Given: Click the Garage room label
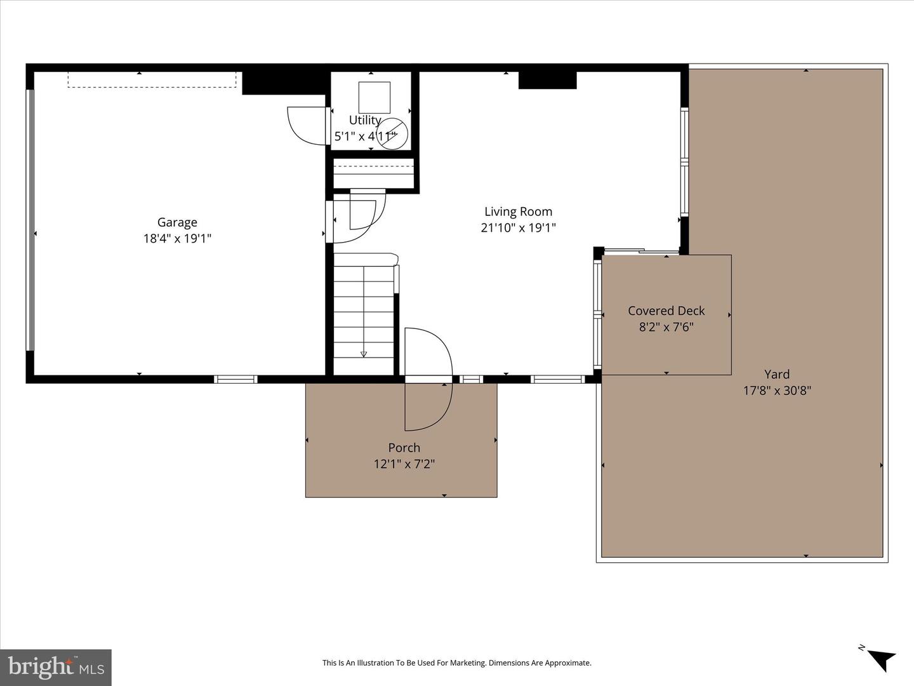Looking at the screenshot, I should click(177, 222).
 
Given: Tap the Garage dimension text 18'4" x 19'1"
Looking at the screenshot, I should click(177, 239).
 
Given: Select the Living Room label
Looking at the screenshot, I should click(518, 212).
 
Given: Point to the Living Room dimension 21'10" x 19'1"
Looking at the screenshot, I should click(518, 228).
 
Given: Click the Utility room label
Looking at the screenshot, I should click(365, 120).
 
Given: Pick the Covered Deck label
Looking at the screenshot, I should click(666, 311).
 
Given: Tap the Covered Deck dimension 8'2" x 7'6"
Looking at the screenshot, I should click(666, 327).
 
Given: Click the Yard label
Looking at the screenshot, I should click(777, 374).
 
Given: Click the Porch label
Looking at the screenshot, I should click(404, 448).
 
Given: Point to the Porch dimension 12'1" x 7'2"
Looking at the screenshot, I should click(404, 464).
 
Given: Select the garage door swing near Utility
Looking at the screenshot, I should click(307, 126).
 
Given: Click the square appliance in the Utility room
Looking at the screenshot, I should click(374, 97).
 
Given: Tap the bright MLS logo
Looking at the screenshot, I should click(56, 668).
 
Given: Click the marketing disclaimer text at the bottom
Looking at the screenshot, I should click(456, 663).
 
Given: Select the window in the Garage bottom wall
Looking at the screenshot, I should click(235, 379).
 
